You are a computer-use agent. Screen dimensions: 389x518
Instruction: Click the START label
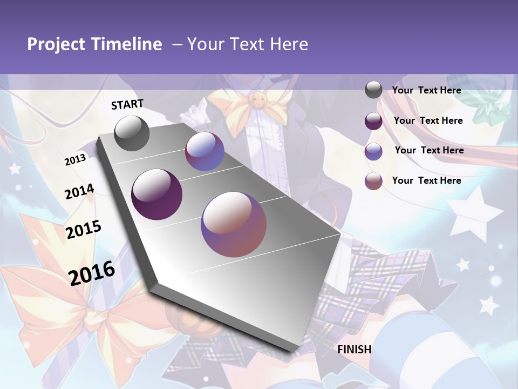click(127, 104)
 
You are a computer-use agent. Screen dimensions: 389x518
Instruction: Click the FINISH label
click(354, 349)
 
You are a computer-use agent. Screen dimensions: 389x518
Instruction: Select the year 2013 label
click(75, 160)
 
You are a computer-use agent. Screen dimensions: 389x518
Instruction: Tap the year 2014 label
click(79, 192)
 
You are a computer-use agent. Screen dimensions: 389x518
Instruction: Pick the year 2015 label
click(83, 230)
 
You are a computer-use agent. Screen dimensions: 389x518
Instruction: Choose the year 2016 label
click(92, 273)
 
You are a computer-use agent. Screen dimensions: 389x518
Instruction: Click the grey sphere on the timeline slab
click(132, 133)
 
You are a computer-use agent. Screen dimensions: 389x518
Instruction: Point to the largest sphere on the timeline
click(234, 224)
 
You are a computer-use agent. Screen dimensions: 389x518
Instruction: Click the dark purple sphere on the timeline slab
click(156, 194)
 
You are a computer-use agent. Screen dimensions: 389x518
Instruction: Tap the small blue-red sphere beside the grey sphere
click(205, 151)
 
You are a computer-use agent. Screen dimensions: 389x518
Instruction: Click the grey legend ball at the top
click(373, 90)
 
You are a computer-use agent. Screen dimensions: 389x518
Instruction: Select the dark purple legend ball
click(373, 121)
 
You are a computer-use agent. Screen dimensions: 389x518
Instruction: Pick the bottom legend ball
click(373, 181)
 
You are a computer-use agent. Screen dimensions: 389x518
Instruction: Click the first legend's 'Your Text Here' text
click(426, 90)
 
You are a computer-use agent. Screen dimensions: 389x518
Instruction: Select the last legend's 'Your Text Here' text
click(426, 180)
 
